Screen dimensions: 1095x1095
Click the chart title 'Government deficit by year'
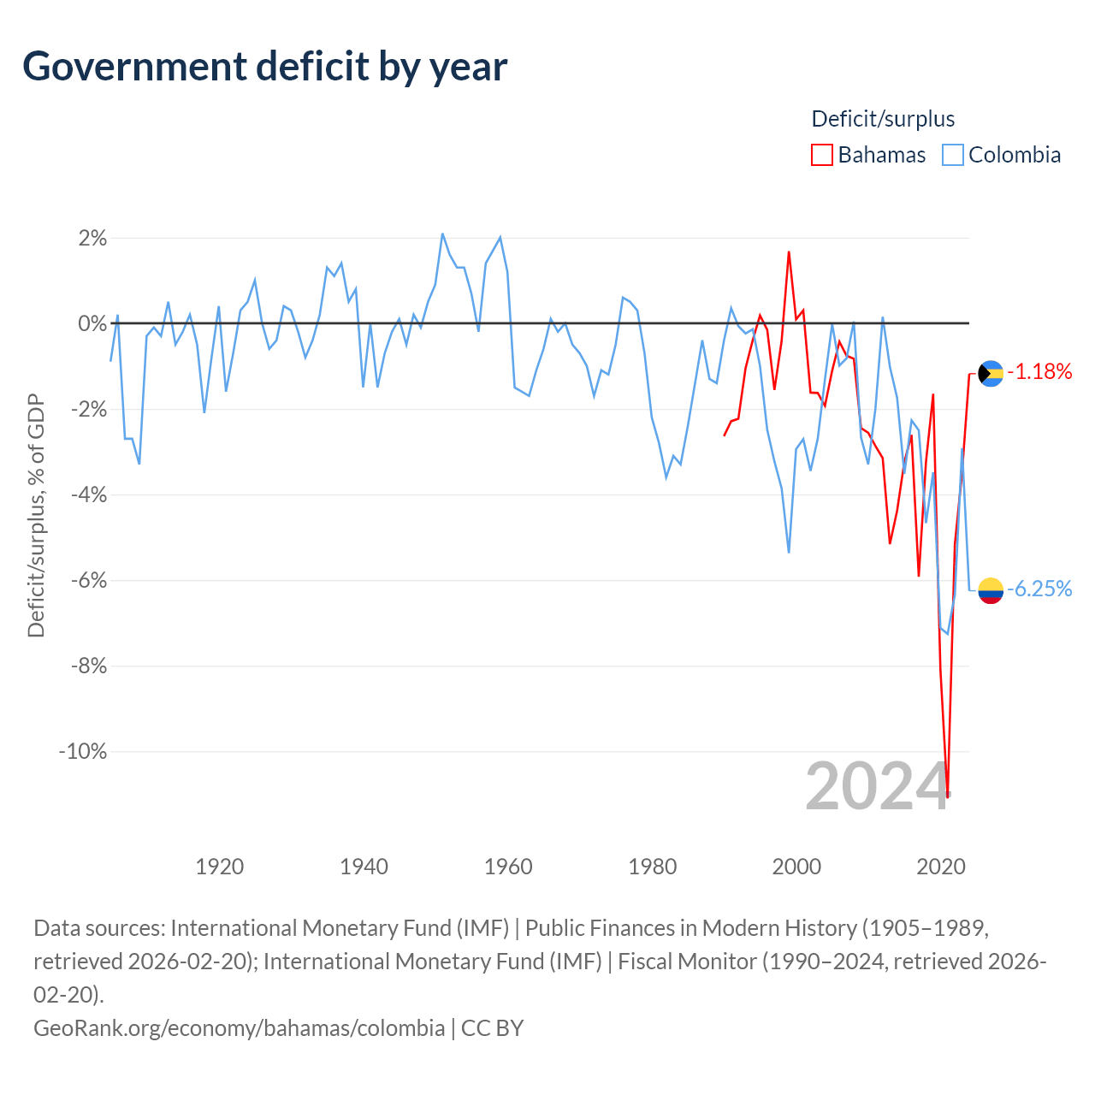[x=264, y=67]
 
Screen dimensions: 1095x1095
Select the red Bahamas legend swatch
[x=821, y=155]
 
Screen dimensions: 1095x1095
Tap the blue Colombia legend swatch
[x=952, y=155]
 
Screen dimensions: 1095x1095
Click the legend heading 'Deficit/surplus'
[x=883, y=119]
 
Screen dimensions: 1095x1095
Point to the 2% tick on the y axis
[x=92, y=238]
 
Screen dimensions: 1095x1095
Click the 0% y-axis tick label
[x=92, y=323]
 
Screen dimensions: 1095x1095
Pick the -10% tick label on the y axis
[x=83, y=751]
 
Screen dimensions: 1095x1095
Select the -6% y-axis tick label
[x=89, y=580]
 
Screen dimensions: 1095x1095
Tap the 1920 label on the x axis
[x=219, y=867]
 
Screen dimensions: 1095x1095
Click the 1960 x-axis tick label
[x=508, y=867]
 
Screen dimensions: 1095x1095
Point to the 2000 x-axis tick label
[x=796, y=867]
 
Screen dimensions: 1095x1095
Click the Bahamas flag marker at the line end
[x=991, y=373]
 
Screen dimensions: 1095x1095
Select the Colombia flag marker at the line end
[x=991, y=591]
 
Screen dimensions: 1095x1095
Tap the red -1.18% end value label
[x=1039, y=371]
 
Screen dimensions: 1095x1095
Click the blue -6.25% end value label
[x=1039, y=589]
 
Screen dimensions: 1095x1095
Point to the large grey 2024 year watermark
[x=878, y=787]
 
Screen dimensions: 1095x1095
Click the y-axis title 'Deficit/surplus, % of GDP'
[x=37, y=515]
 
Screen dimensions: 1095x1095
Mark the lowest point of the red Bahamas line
[x=947, y=796]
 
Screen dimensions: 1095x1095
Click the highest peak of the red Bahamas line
[x=789, y=252]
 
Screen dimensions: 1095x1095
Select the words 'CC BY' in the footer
[x=492, y=1028]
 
